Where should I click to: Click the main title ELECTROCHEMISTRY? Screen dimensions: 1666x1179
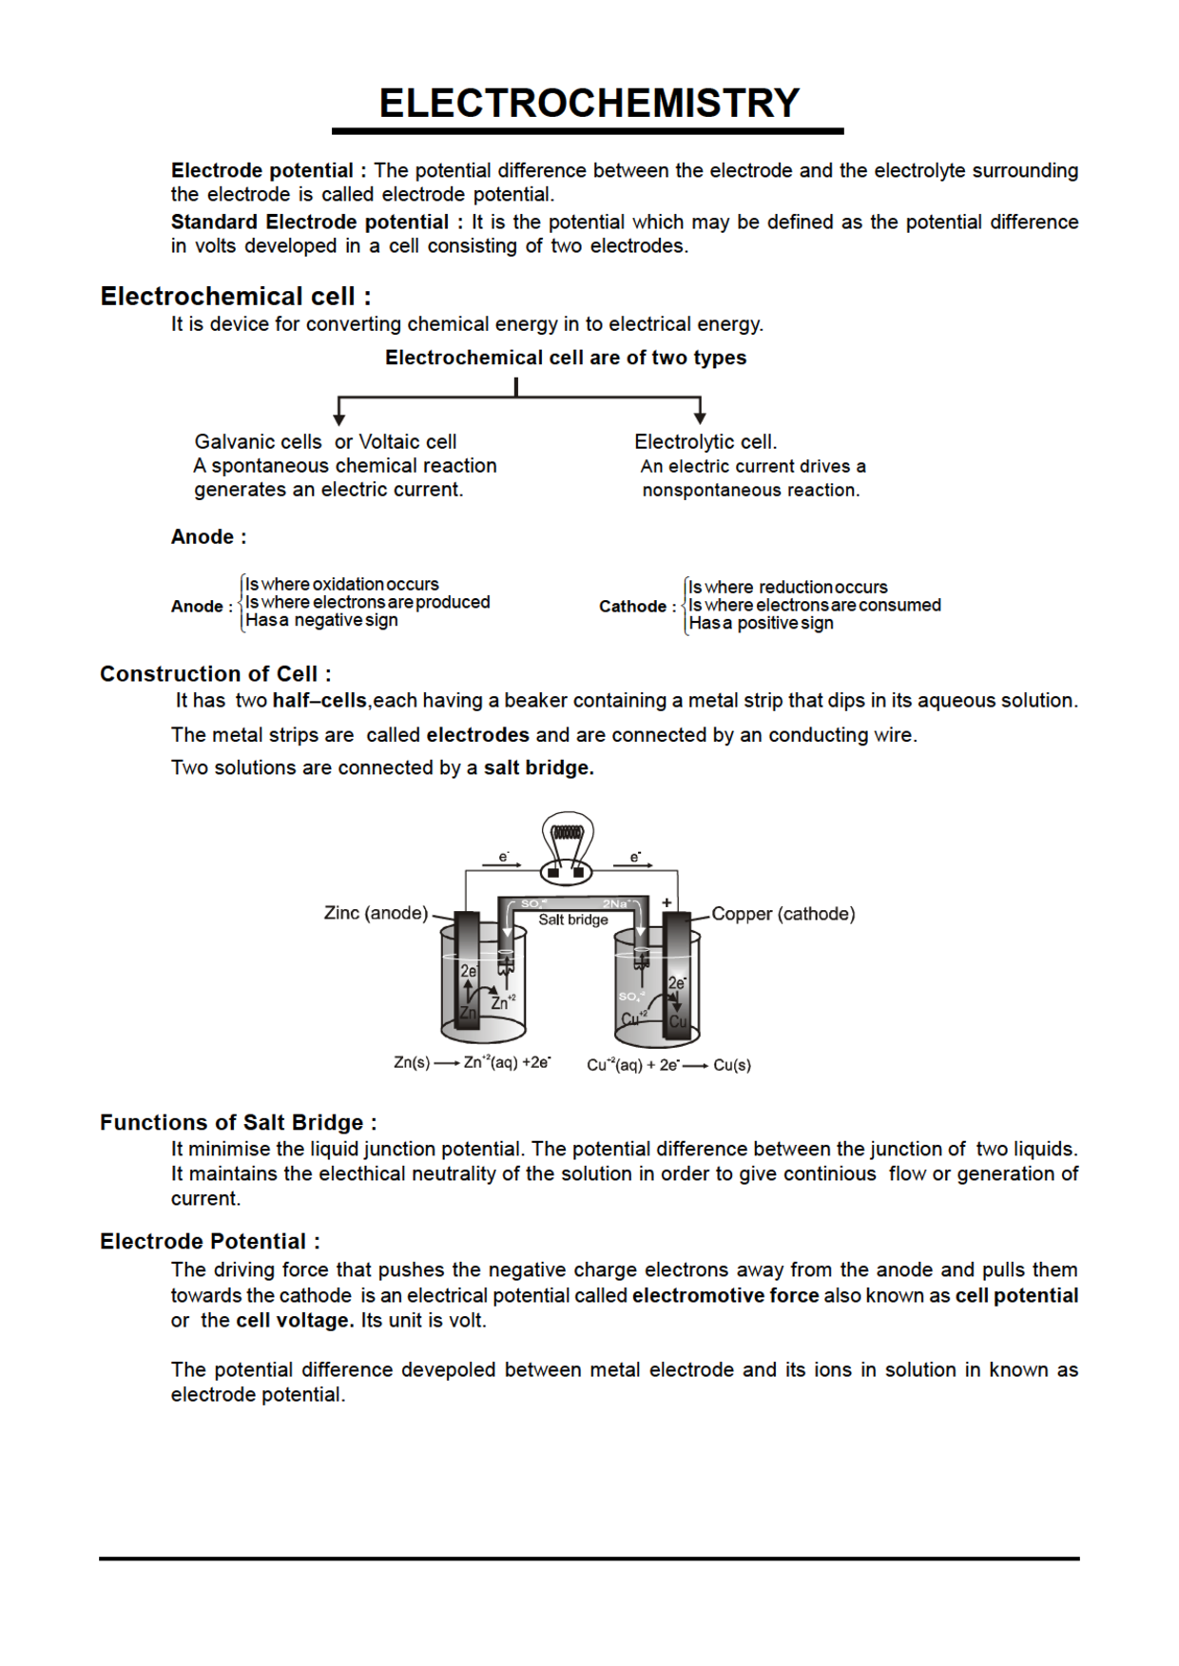coord(589,103)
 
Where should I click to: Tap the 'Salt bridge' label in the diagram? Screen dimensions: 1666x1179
coord(572,920)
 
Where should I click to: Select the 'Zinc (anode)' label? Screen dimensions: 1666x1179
coord(376,913)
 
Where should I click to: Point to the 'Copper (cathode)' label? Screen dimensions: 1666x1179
coord(783,914)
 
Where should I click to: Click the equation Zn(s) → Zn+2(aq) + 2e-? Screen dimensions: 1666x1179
coord(472,1063)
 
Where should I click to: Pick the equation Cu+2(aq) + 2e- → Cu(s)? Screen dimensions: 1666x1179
coord(668,1065)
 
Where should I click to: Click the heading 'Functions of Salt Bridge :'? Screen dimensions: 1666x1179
coord(238,1122)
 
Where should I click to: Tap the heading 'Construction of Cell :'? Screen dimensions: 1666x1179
coord(215,674)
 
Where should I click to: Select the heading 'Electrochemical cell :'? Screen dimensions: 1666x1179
coord(235,297)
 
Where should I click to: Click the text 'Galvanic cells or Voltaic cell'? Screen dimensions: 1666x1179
coord(325,442)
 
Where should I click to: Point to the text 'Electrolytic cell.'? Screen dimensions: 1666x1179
coord(705,442)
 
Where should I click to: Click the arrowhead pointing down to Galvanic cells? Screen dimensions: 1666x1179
coord(338,418)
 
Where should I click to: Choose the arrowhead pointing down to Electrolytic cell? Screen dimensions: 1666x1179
coord(700,418)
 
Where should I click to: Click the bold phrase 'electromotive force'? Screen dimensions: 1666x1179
coord(725,1295)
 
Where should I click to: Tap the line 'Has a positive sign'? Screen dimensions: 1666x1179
coord(761,624)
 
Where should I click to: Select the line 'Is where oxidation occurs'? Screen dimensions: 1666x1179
coord(342,585)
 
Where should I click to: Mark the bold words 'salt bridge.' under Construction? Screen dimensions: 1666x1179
coord(538,768)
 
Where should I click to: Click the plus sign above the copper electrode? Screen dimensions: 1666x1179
coord(667,902)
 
